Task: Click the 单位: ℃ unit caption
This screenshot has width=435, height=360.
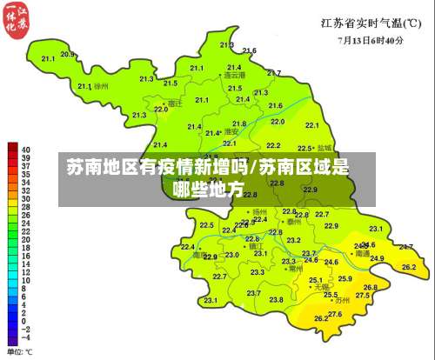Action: [x=20, y=351]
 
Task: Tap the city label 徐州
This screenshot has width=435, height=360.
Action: [x=102, y=87]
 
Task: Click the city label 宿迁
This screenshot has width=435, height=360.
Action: [x=176, y=103]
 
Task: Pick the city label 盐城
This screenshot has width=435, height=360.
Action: [x=325, y=148]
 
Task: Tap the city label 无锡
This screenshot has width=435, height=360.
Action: [x=321, y=286]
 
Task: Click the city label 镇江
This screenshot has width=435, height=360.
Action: [x=257, y=246]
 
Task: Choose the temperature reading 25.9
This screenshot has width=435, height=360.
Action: [x=345, y=278]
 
